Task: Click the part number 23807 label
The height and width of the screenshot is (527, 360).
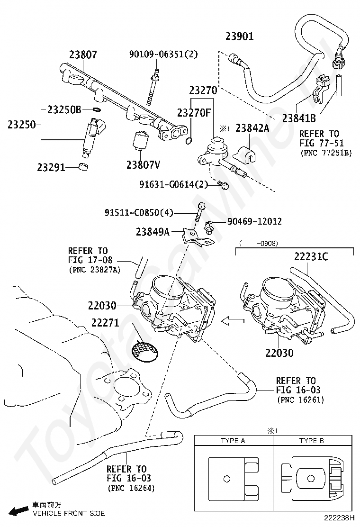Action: point(83,55)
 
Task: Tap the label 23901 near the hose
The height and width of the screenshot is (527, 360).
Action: point(240,36)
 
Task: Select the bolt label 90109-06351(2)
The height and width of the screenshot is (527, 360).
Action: point(163,55)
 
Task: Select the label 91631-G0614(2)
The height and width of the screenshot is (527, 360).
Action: point(173,184)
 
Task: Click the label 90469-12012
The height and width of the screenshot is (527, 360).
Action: point(254,221)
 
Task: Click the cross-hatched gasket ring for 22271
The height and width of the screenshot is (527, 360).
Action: point(144,350)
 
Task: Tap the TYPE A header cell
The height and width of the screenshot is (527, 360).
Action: point(233,440)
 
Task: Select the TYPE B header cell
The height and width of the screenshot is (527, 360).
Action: point(311,440)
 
